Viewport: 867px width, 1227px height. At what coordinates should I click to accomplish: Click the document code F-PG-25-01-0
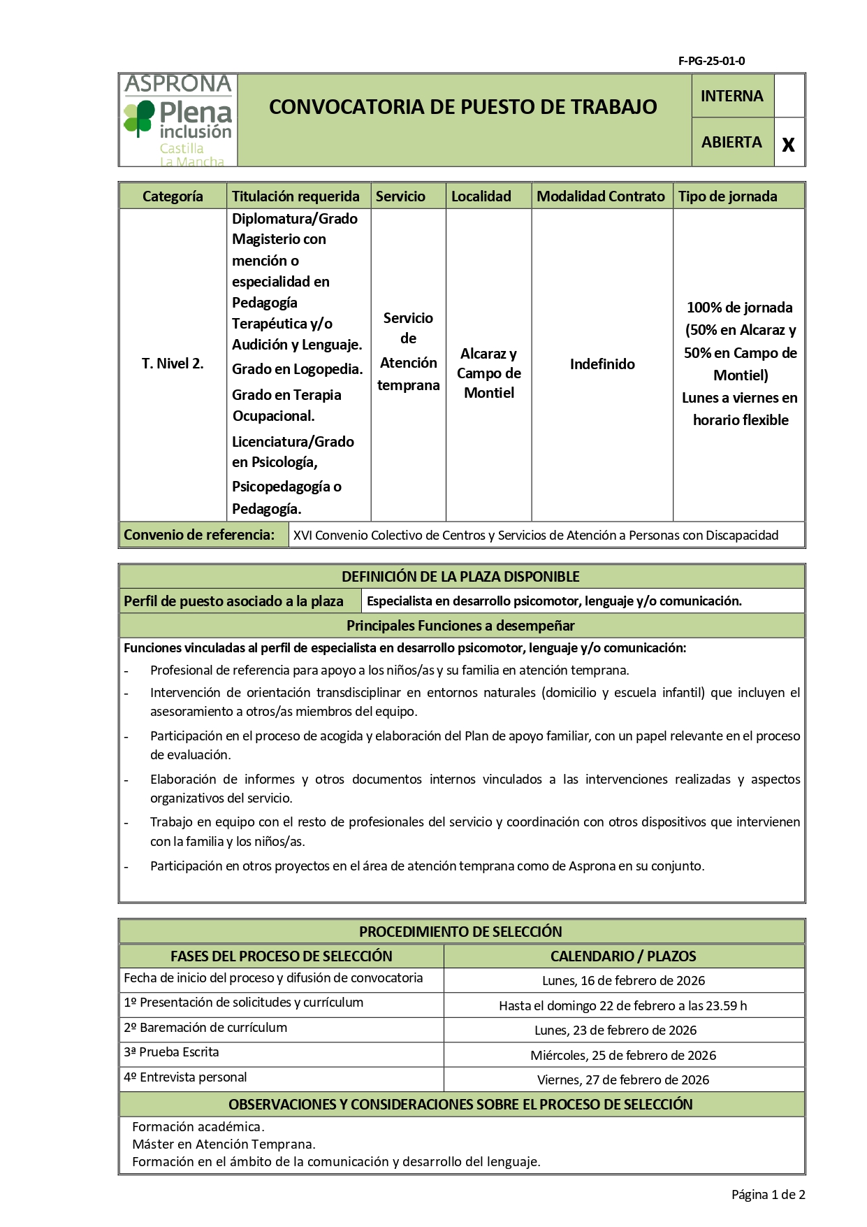(x=711, y=61)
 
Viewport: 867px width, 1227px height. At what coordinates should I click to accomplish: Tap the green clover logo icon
(x=139, y=117)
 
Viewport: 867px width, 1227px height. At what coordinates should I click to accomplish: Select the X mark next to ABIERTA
(x=788, y=144)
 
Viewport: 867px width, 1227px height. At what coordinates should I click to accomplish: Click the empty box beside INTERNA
(x=789, y=96)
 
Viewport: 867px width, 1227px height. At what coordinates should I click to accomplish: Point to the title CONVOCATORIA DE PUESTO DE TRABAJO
(x=462, y=107)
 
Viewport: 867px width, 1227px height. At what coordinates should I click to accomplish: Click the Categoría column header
(x=173, y=196)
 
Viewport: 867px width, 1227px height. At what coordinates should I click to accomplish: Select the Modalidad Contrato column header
(x=600, y=196)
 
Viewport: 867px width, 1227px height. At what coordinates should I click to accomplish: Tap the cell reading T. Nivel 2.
(x=173, y=364)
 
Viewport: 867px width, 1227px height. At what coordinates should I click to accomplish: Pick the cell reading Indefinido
(x=602, y=364)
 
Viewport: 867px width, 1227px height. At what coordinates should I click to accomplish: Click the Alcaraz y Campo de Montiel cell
(x=488, y=373)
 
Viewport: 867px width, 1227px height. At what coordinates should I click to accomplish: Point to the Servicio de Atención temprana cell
(x=408, y=351)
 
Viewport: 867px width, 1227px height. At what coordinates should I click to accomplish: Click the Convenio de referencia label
(x=199, y=535)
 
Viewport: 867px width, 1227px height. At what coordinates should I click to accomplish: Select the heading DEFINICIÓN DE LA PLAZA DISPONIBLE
(x=460, y=577)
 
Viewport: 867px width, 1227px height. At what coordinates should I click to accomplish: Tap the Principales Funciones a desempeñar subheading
(x=460, y=626)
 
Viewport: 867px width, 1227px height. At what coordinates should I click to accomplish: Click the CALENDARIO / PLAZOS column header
(x=622, y=956)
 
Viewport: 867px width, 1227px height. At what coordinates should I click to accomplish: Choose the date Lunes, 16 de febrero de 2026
(x=623, y=981)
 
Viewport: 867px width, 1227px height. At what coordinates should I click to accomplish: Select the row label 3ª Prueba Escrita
(x=171, y=1052)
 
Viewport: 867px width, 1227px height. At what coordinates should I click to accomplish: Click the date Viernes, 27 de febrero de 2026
(x=622, y=1080)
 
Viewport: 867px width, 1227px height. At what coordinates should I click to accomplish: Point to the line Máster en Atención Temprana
(x=224, y=1145)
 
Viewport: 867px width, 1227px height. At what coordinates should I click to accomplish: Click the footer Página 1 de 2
(x=768, y=1195)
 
